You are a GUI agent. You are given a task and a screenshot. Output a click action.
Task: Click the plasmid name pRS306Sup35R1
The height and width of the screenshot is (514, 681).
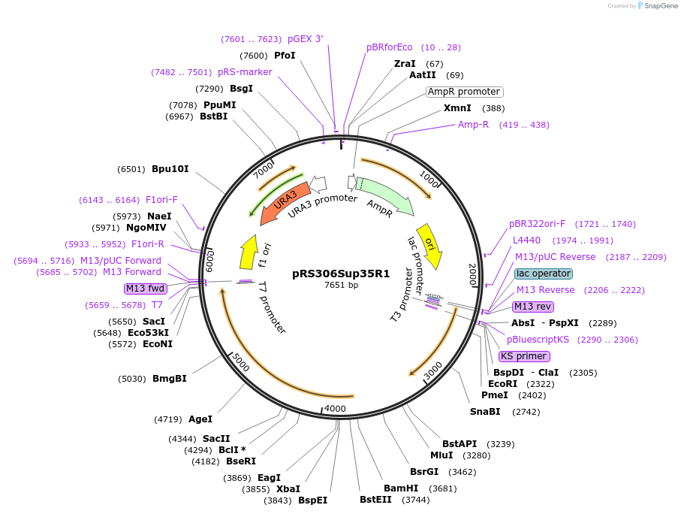click(x=341, y=274)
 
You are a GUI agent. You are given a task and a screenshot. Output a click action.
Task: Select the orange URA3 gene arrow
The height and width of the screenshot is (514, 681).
click(x=283, y=203)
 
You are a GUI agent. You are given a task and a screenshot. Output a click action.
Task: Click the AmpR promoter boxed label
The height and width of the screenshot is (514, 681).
click(x=464, y=92)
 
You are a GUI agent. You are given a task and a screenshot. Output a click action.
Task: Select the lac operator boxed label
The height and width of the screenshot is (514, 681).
click(x=544, y=274)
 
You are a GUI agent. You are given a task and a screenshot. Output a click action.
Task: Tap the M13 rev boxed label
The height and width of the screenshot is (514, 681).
click(x=532, y=306)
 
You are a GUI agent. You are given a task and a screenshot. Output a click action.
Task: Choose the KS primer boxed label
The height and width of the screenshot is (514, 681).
click(x=524, y=356)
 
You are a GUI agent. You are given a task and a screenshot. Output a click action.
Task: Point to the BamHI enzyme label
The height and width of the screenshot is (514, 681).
click(x=401, y=488)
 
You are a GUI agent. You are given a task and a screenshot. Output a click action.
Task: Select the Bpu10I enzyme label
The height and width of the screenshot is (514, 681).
click(x=170, y=169)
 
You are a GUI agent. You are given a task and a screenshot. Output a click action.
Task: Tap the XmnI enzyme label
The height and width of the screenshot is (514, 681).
click(x=457, y=108)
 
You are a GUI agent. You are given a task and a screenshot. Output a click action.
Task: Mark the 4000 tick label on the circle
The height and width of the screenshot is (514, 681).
click(x=335, y=409)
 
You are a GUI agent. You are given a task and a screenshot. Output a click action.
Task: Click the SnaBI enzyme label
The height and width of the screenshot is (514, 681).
click(x=485, y=412)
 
